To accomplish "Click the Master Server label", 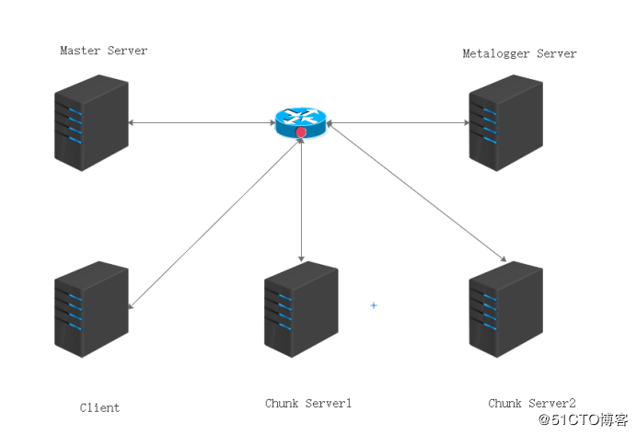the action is [104, 51].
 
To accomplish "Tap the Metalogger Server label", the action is [519, 53].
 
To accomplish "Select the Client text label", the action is [99, 407].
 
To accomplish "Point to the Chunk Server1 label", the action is [308, 404].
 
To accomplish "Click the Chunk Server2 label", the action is [532, 404].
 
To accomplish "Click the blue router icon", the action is [301, 122].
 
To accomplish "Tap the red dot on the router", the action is [301, 132].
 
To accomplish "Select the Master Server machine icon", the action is [91, 122].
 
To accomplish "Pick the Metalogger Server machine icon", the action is [505, 122].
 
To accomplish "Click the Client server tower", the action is [91, 309].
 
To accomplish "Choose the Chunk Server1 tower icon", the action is [301, 309].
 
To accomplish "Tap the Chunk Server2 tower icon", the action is [505, 309].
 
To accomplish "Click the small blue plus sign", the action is [374, 305].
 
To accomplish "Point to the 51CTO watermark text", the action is [583, 419].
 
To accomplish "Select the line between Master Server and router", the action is [202, 122].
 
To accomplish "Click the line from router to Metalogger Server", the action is [398, 122].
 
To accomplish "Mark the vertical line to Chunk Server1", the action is [301, 200].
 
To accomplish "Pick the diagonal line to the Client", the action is [214, 223].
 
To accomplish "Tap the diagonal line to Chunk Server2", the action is [416, 191].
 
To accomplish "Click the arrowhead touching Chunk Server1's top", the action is [301, 259].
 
